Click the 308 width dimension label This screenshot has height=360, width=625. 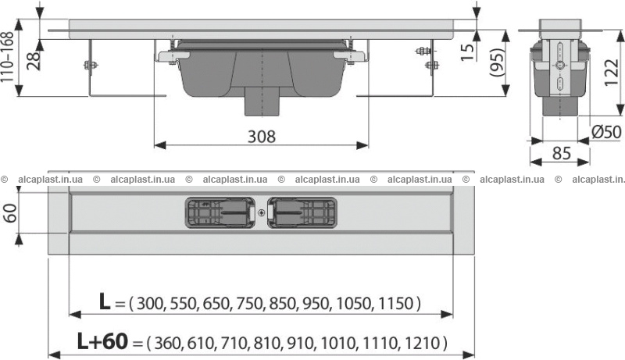coord(262,137)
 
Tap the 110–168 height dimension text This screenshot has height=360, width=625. coord(8,57)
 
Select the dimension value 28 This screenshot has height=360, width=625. coord(34,61)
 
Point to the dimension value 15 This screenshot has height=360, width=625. coord(467,51)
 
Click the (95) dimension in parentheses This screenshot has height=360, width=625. coord(496,62)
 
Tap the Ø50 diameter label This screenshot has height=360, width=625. coord(606,131)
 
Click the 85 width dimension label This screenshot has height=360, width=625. coord(562,152)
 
